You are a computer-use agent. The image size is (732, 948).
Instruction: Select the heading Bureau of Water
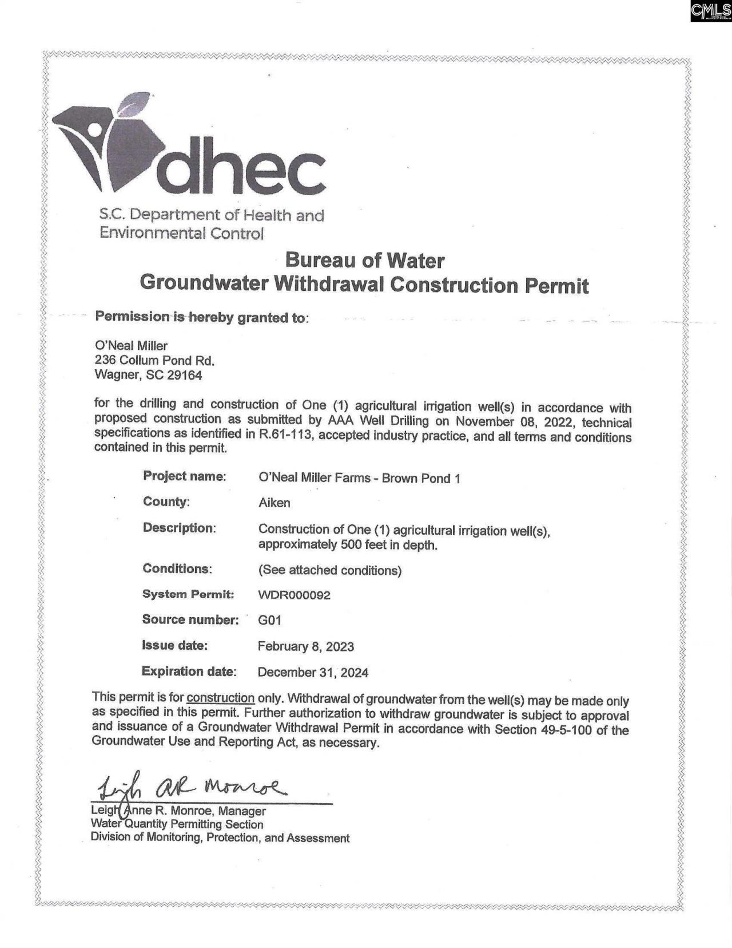364,260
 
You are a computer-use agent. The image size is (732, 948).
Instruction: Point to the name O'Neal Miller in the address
131,346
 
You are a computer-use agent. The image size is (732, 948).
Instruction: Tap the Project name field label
184,476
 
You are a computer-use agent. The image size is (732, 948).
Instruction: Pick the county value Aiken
274,503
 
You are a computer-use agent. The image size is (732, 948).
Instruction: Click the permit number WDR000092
294,595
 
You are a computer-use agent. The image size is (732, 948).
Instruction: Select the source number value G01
269,620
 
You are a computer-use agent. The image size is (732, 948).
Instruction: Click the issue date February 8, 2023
305,647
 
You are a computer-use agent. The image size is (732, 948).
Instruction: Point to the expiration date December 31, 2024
313,673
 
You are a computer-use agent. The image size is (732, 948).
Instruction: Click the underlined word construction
220,698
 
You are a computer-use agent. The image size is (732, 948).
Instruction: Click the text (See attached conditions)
330,570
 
